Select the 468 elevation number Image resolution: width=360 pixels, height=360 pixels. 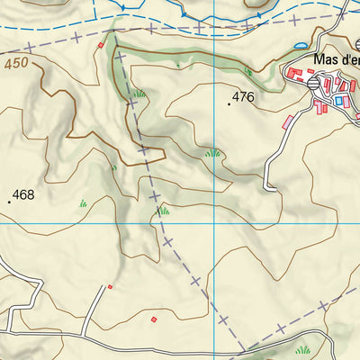coord(23,194)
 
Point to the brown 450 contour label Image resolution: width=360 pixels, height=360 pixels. coord(16,64)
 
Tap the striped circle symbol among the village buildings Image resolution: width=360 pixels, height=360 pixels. coord(312,82)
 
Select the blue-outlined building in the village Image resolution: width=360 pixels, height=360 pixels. coord(339,101)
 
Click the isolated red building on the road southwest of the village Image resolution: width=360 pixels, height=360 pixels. coord(288,121)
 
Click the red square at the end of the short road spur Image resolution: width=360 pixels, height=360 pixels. coord(110,287)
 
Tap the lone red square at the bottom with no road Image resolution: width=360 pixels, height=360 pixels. coord(154,319)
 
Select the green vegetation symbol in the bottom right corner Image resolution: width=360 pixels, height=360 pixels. coord(303,349)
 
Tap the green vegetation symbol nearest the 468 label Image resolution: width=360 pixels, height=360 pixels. coord(83,203)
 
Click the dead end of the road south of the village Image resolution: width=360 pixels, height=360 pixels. coord(267,188)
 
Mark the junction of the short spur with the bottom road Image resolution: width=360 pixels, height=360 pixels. coord(83,335)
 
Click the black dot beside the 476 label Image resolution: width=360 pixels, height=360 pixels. coord(229,104)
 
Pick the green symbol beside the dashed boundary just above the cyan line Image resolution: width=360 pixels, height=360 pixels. coord(163,211)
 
